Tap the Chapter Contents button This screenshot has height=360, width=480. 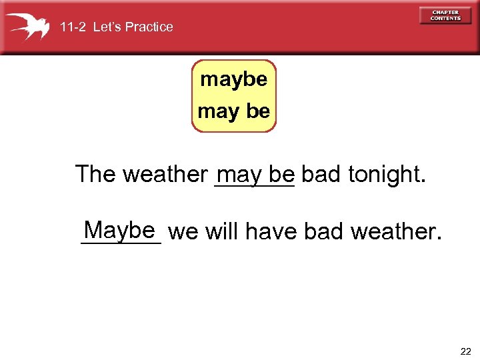tap(445, 15)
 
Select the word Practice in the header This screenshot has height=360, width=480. tap(149, 27)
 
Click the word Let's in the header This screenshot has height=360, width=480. tap(107, 27)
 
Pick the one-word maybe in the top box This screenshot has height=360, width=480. tap(234, 80)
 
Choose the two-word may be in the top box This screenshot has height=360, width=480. tap(234, 111)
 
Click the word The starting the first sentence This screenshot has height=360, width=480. tap(95, 175)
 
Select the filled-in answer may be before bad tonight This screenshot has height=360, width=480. tap(255, 175)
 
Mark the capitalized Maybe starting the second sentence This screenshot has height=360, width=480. tap(121, 231)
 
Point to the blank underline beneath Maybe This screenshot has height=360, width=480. tap(121, 244)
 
